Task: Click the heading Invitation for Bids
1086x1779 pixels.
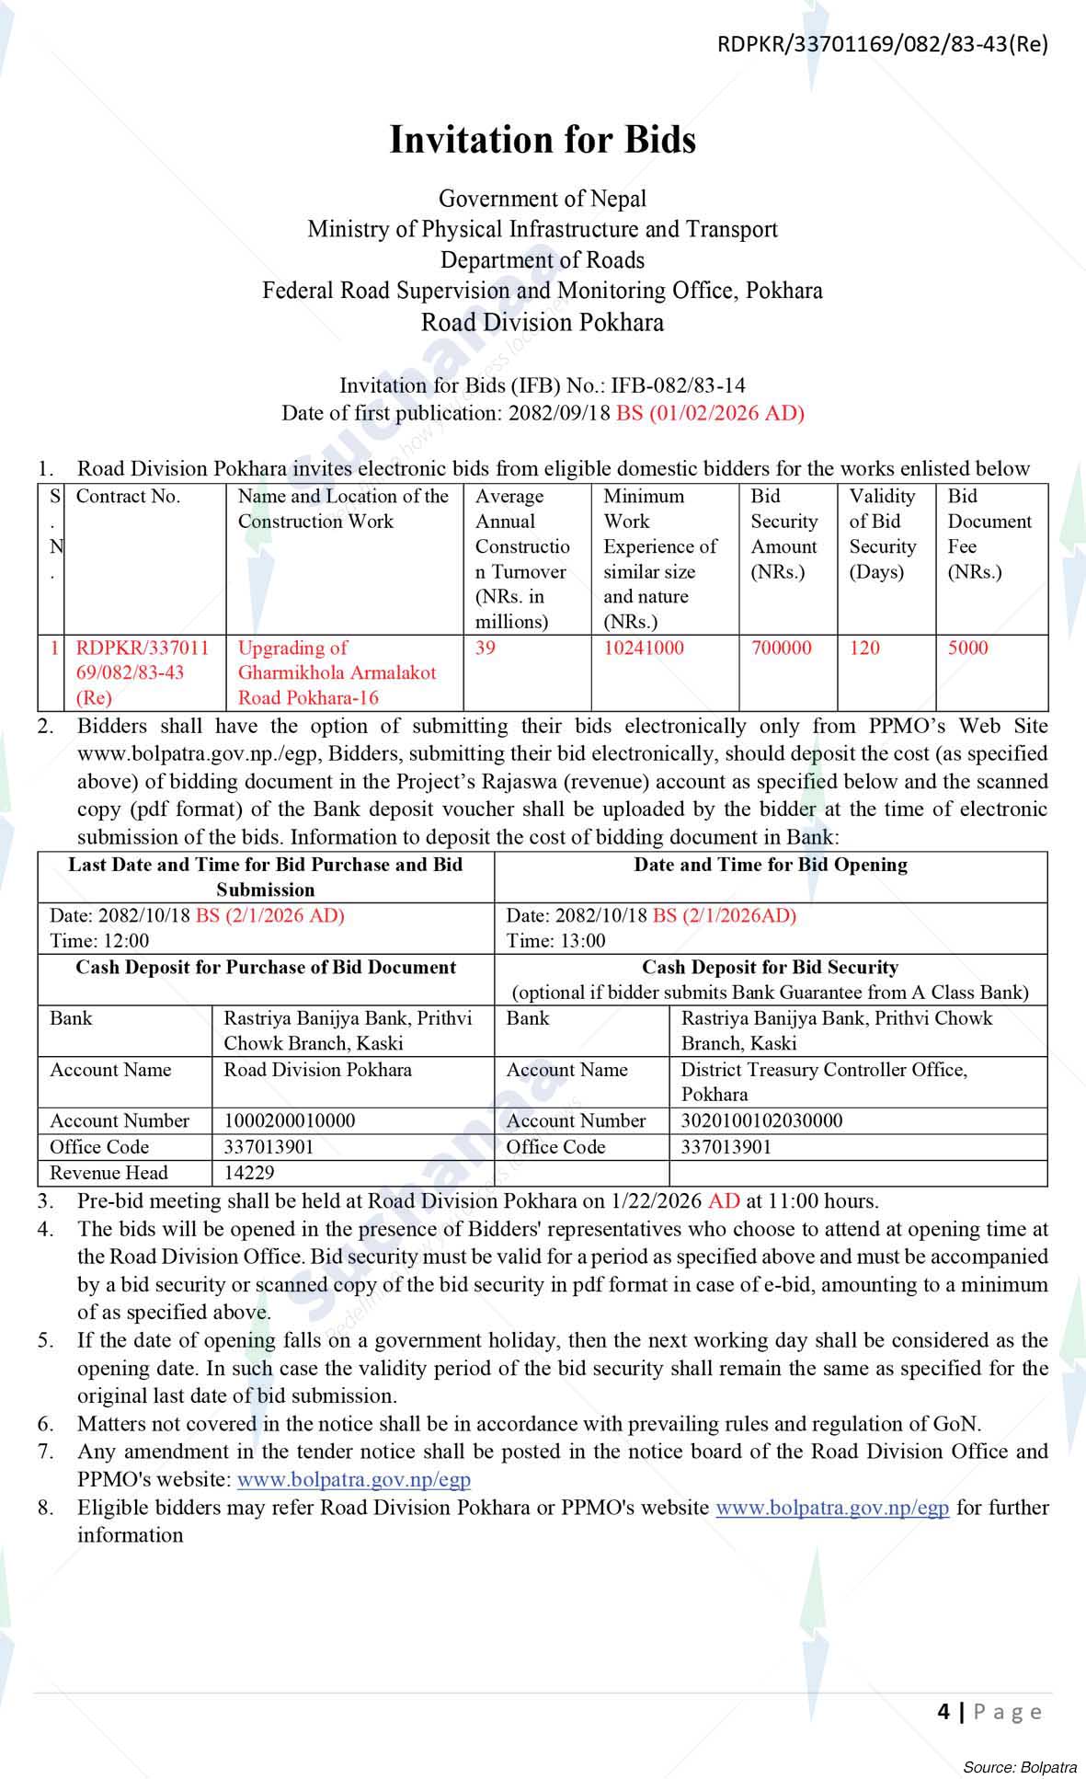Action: (x=543, y=140)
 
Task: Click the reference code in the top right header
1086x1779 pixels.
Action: (x=882, y=43)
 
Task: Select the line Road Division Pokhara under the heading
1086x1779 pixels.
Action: (x=543, y=322)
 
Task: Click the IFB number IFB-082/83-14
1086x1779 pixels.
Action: (x=678, y=385)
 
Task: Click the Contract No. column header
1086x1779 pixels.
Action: (x=128, y=497)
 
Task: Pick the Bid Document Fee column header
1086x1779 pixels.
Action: (x=989, y=534)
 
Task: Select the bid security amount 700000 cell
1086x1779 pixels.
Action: (x=781, y=648)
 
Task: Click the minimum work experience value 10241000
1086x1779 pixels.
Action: (x=644, y=648)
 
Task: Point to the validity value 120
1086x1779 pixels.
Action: (x=864, y=648)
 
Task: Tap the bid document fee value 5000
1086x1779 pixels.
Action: (x=967, y=648)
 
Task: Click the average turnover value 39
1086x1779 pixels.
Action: (x=486, y=648)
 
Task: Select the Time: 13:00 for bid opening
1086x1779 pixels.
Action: (x=555, y=940)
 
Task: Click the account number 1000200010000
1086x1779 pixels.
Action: (x=289, y=1120)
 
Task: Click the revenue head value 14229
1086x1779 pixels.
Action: (x=249, y=1173)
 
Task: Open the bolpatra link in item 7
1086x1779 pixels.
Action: (x=354, y=1479)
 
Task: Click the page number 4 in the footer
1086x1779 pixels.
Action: (x=943, y=1711)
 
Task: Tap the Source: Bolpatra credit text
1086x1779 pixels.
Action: (x=1020, y=1766)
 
